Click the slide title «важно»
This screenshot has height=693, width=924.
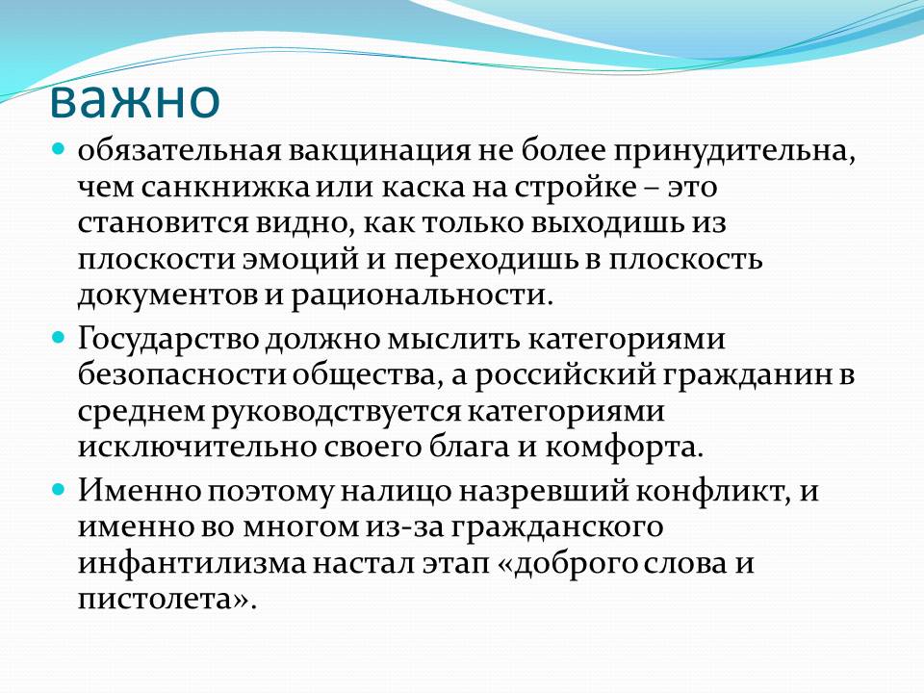pos(135,99)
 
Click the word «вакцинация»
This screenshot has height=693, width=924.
pos(379,151)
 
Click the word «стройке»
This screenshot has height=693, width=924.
pos(576,188)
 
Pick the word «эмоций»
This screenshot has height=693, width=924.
pos(300,260)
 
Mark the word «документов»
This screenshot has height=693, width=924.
pos(167,295)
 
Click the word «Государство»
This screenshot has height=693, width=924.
pos(168,340)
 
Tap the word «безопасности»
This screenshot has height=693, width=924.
pos(184,375)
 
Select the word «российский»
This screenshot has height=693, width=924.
pos(565,376)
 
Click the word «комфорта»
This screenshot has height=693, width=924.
pos(624,449)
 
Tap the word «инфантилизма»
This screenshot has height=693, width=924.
pos(192,564)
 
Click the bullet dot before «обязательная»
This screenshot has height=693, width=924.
pos(58,148)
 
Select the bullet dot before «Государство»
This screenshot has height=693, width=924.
pos(58,337)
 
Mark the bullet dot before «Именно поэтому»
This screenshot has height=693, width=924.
pos(58,489)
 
